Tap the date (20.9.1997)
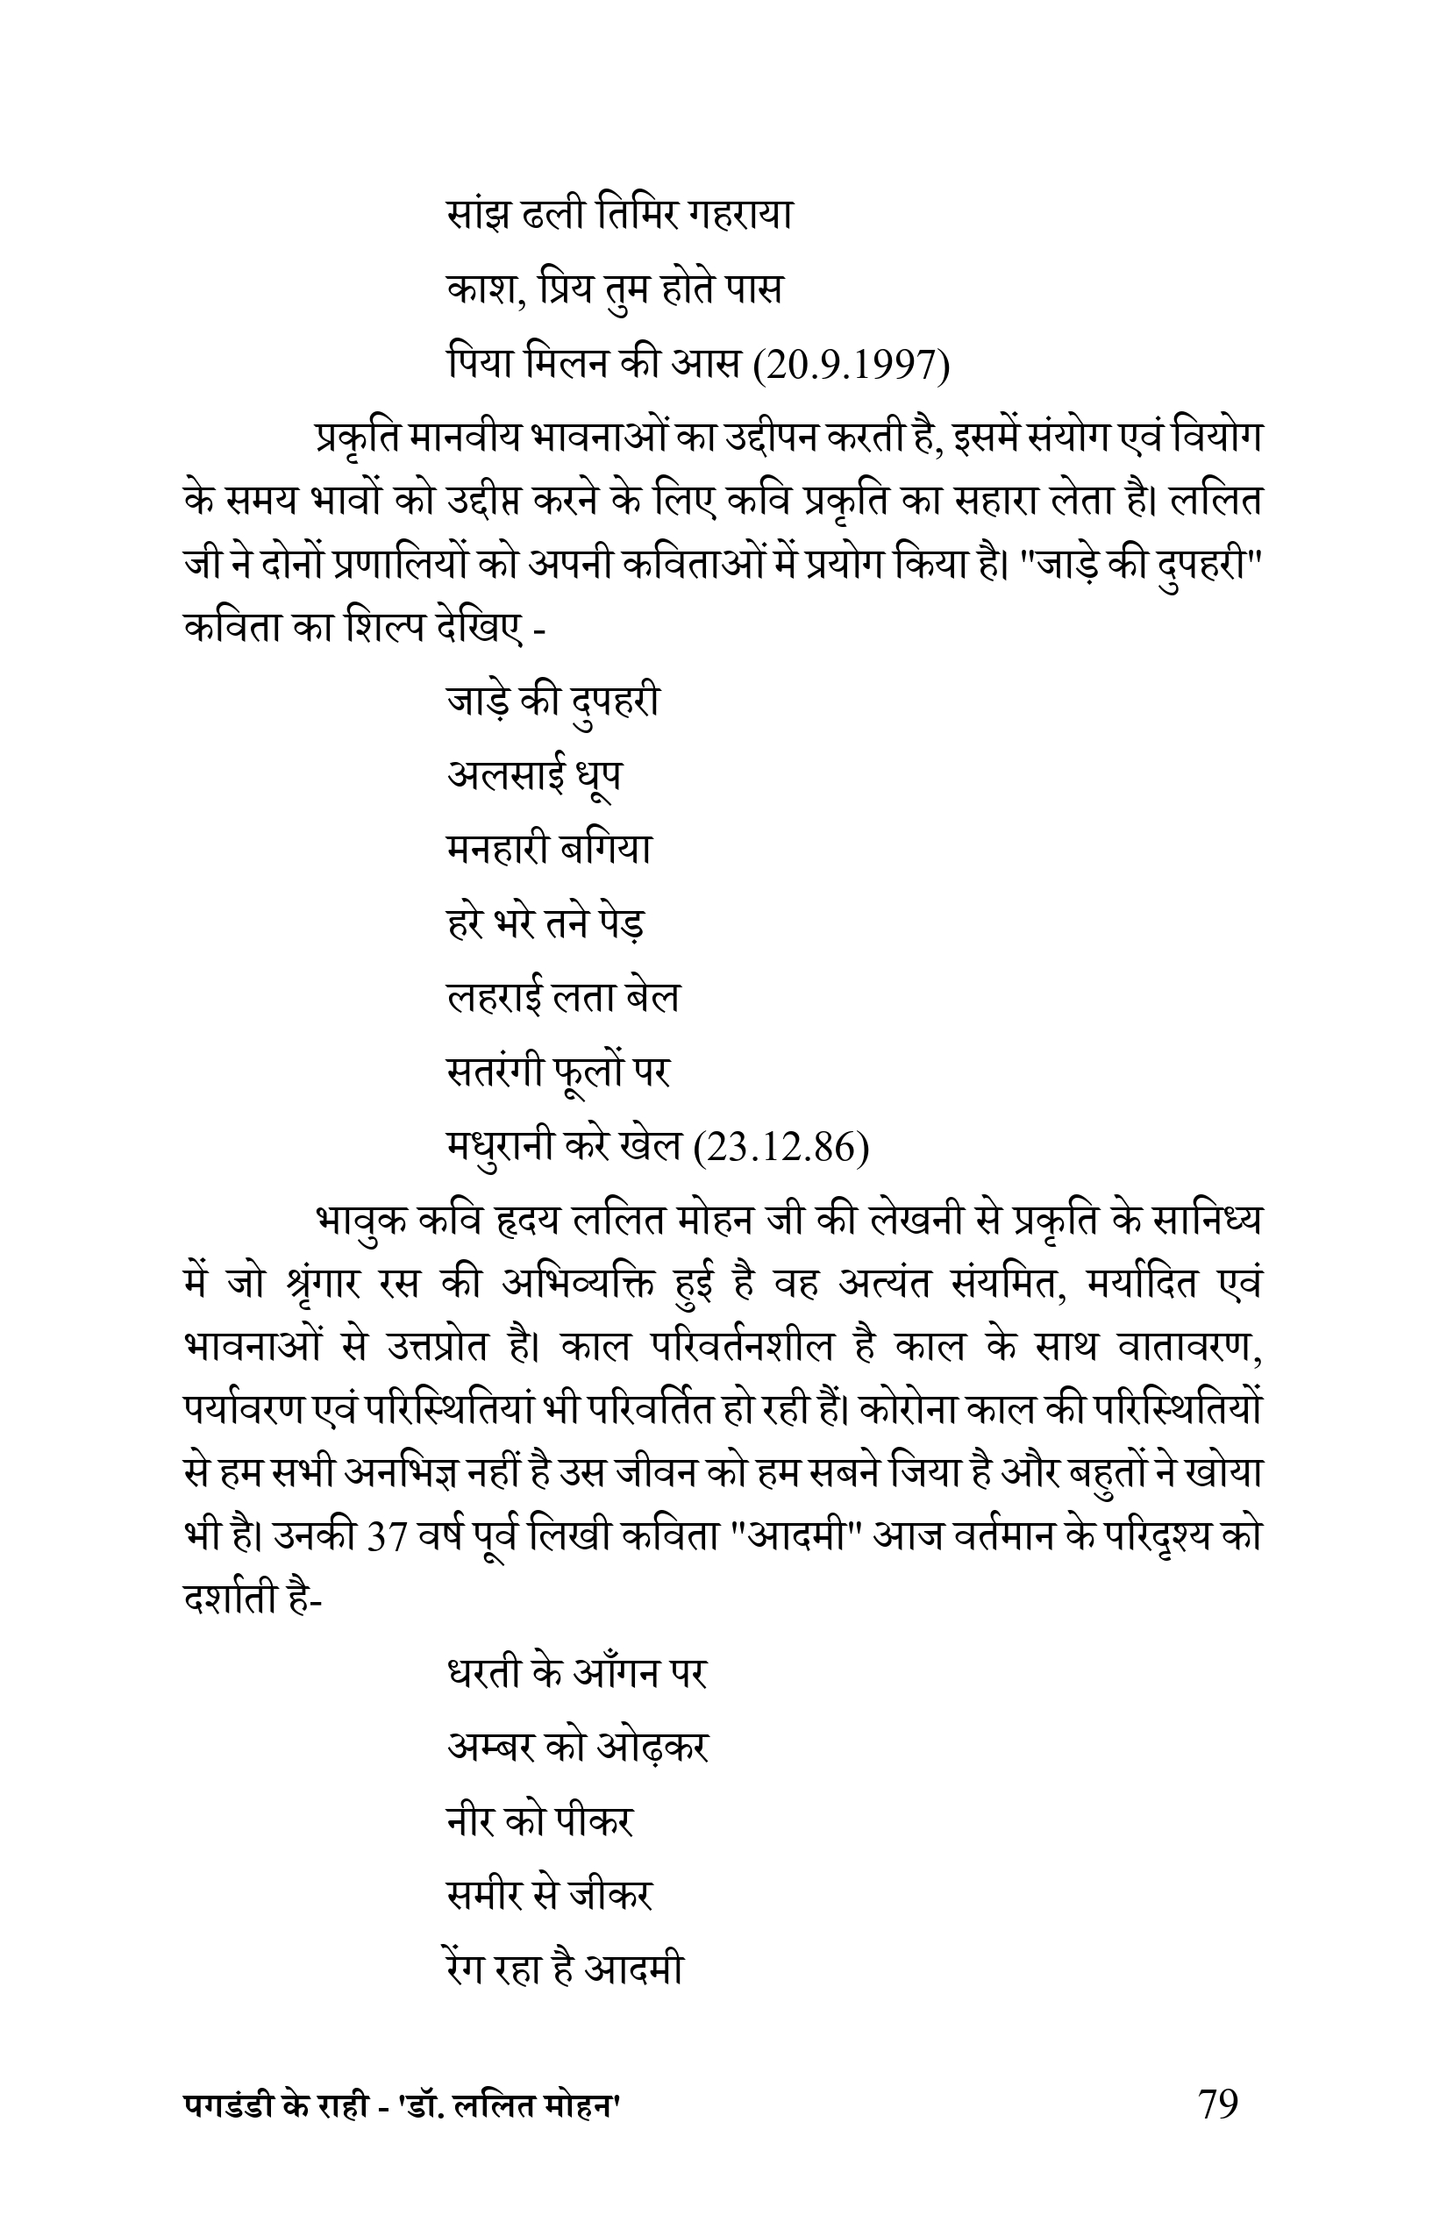click(852, 367)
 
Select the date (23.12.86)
click(780, 1148)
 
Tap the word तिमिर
click(636, 216)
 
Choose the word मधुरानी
click(503, 1148)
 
